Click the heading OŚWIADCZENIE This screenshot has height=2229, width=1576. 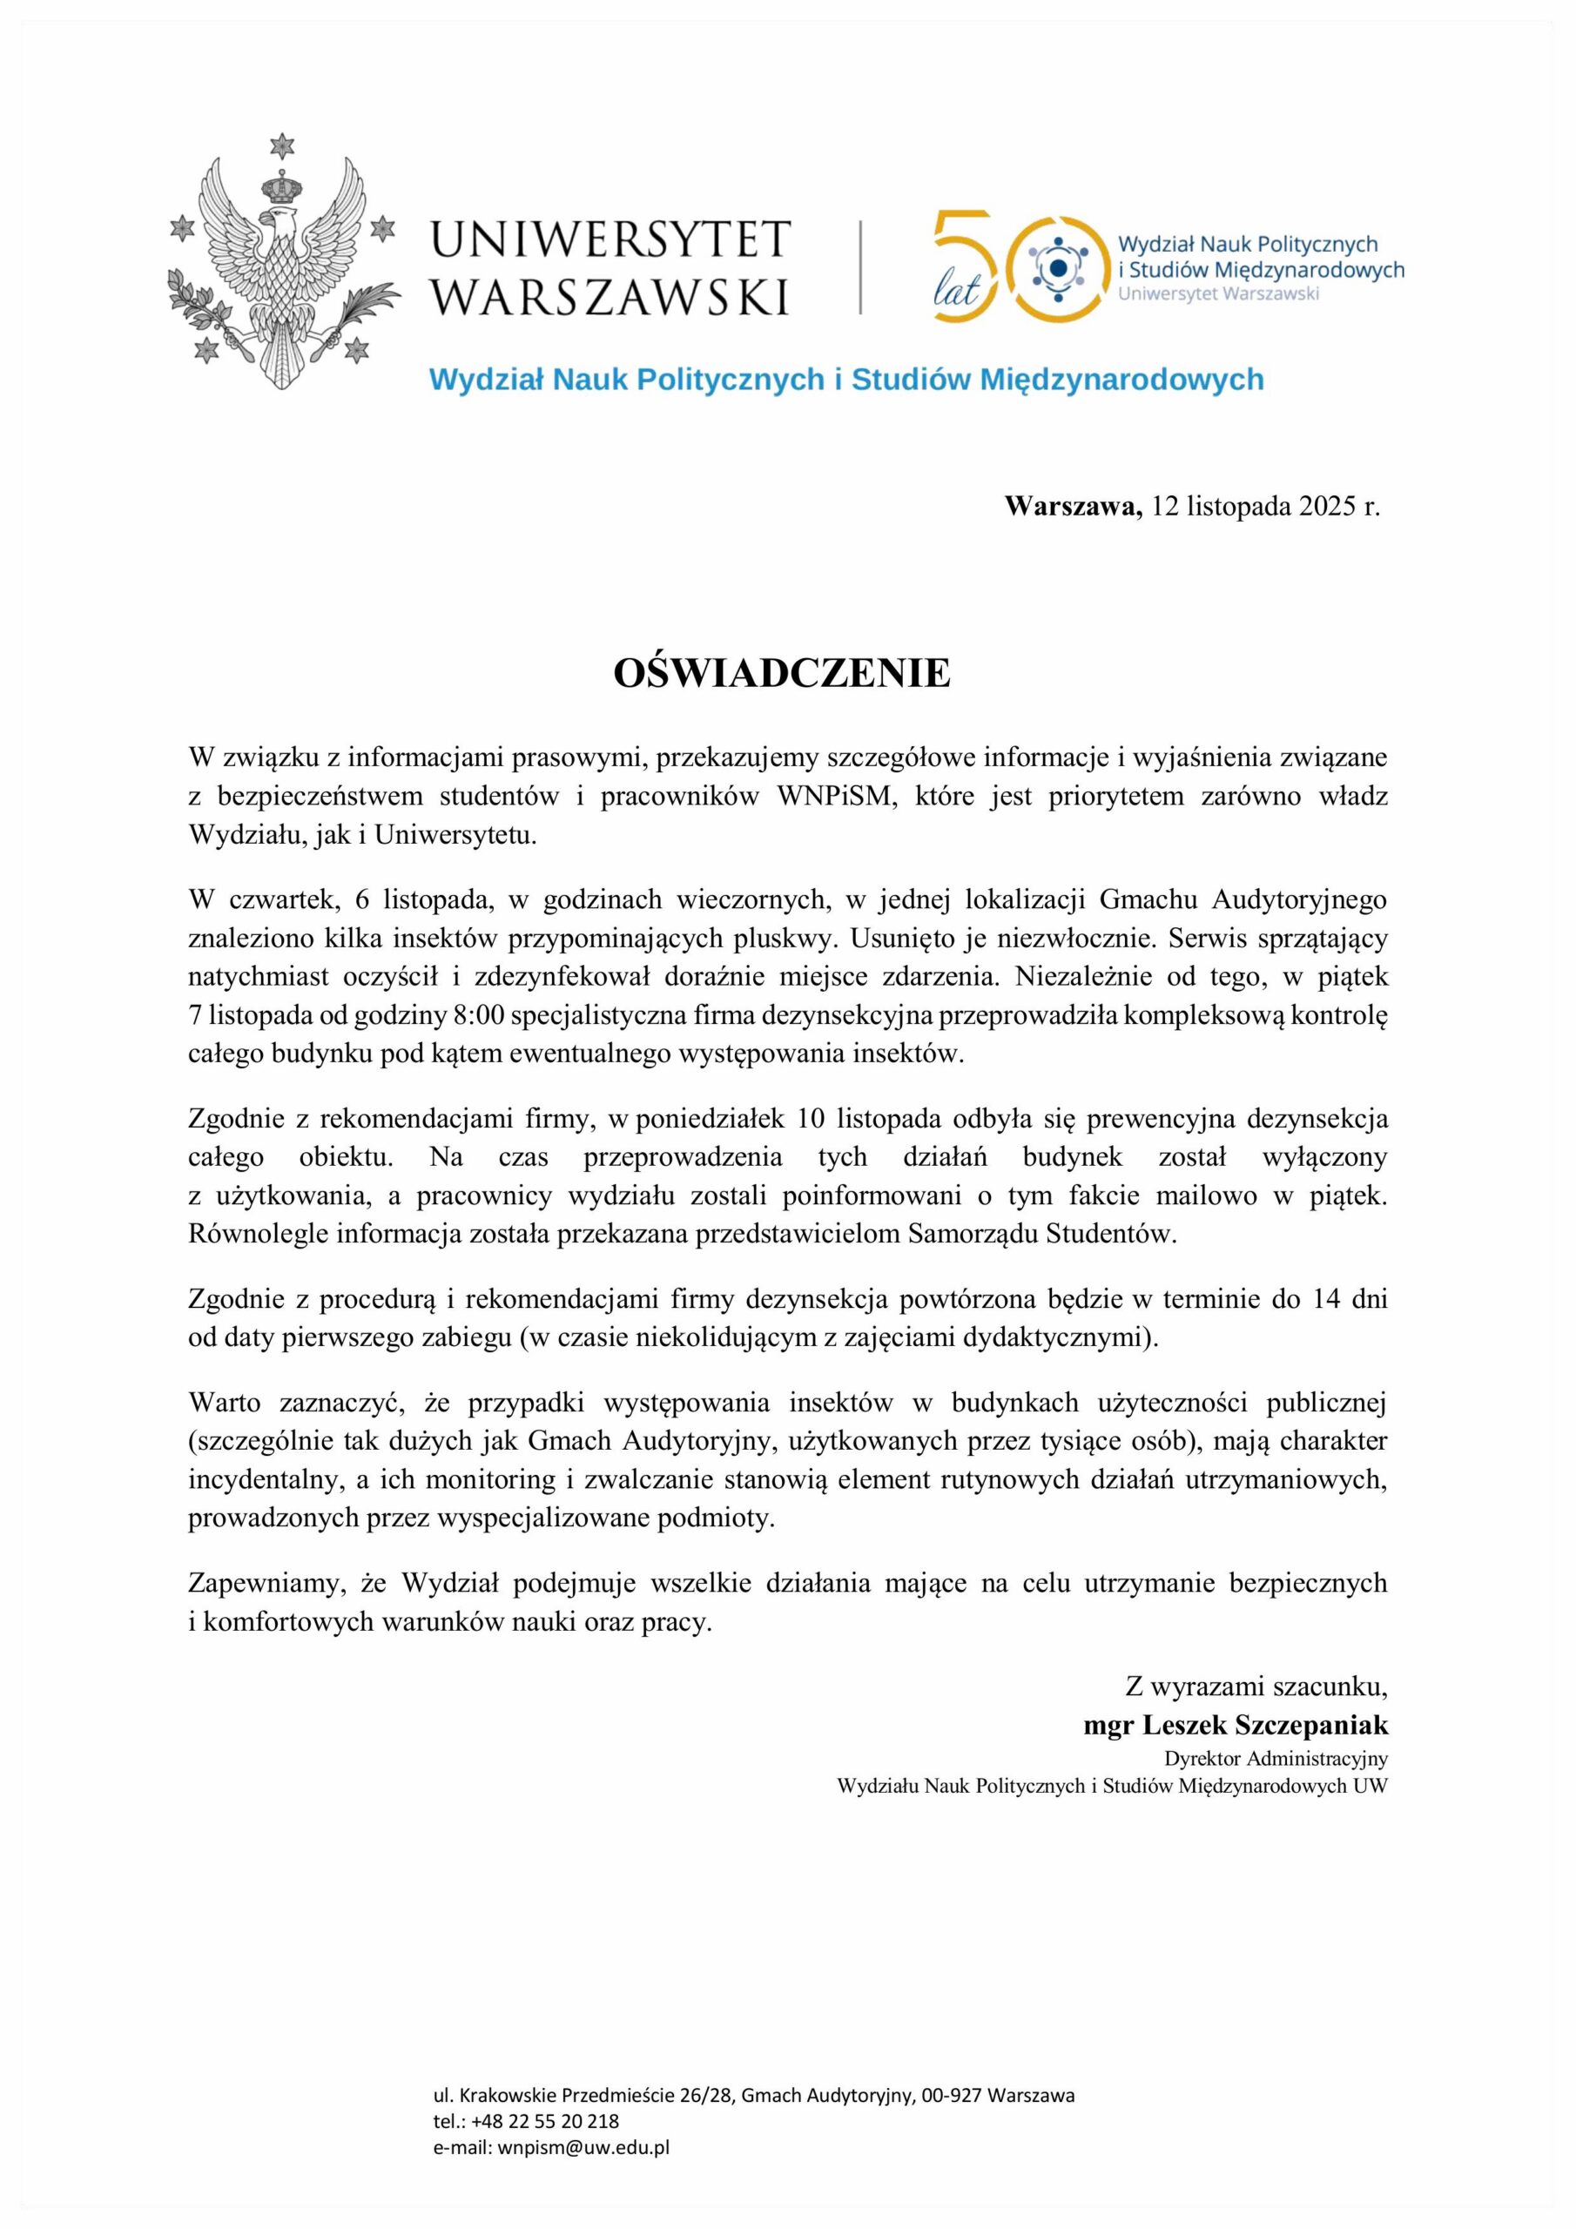coord(782,674)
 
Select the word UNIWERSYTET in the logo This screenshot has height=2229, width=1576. coord(610,239)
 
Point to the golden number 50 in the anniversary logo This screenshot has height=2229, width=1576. coord(1010,268)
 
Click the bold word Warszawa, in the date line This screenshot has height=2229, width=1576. coord(1074,506)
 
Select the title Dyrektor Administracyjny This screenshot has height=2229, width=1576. coord(1276,1758)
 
